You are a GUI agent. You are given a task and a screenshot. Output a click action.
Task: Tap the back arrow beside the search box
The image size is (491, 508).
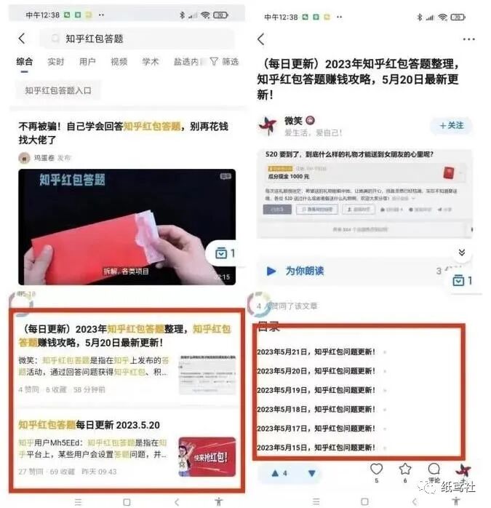click(22, 39)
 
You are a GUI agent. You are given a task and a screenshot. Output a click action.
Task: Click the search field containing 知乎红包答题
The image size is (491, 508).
click(138, 39)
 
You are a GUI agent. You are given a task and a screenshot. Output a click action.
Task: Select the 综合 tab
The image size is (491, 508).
click(25, 62)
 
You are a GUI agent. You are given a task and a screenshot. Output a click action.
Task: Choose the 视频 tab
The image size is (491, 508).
click(119, 62)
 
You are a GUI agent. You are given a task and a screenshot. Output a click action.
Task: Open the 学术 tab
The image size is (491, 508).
click(151, 62)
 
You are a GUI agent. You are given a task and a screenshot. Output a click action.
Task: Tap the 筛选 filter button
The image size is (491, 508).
click(225, 62)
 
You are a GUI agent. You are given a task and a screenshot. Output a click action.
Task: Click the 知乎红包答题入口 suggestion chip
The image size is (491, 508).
click(58, 90)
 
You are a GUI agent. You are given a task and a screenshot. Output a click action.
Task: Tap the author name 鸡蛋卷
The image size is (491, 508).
click(44, 157)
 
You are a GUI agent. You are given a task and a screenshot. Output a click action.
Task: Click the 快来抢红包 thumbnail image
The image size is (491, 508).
click(207, 456)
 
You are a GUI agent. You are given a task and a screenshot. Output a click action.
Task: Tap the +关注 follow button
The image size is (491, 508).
click(451, 125)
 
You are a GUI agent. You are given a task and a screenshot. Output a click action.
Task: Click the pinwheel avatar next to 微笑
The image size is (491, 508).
click(268, 125)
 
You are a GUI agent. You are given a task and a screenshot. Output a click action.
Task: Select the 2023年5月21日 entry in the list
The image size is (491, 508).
click(316, 352)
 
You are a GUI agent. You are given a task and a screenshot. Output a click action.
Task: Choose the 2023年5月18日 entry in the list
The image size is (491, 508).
click(316, 409)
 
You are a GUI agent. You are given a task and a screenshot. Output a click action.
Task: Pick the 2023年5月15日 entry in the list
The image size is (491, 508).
click(316, 447)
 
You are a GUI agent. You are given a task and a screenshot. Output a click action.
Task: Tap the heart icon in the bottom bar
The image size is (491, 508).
click(376, 469)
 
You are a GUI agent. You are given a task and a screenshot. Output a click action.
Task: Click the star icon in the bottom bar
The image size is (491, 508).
click(405, 469)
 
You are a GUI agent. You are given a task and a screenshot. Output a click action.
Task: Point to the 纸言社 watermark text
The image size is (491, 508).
click(460, 486)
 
